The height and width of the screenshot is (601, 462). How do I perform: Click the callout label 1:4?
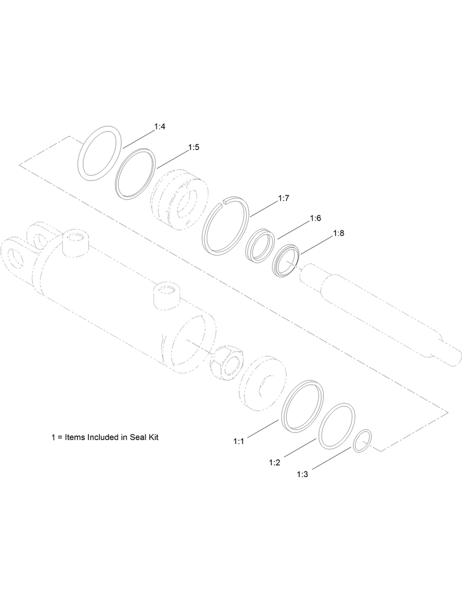coord(159,127)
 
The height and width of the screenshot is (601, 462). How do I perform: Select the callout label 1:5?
coord(194,147)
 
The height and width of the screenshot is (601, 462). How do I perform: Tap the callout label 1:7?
coord(283,198)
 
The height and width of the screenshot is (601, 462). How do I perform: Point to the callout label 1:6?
coord(315,218)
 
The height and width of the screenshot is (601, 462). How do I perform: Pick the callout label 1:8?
coord(339,233)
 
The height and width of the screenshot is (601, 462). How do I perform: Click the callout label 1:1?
coord(239,442)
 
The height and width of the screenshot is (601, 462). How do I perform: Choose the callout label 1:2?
coord(274,463)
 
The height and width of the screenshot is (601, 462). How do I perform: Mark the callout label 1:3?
coord(303,475)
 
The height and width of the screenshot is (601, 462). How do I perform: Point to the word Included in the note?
coord(101,437)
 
